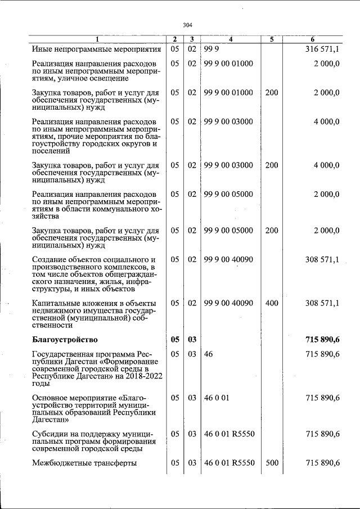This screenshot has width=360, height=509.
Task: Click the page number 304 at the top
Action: tap(188, 25)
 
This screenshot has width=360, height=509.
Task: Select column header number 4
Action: tap(230, 39)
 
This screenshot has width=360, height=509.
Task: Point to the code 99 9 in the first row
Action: tap(211, 49)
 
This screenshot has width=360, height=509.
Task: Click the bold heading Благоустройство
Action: tap(65, 339)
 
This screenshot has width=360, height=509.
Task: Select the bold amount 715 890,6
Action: tap(322, 339)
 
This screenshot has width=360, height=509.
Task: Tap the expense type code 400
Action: tap(272, 303)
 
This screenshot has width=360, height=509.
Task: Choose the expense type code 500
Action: tap(272, 463)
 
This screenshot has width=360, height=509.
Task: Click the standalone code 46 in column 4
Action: tap(208, 354)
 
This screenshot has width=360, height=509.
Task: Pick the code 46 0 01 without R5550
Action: tap(217, 398)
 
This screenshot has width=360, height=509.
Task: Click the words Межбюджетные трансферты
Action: tap(85, 463)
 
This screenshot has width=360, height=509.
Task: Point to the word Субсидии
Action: tap(51, 433)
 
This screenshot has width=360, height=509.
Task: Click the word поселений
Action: tap(51, 151)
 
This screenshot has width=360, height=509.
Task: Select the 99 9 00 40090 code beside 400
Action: tap(228, 303)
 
